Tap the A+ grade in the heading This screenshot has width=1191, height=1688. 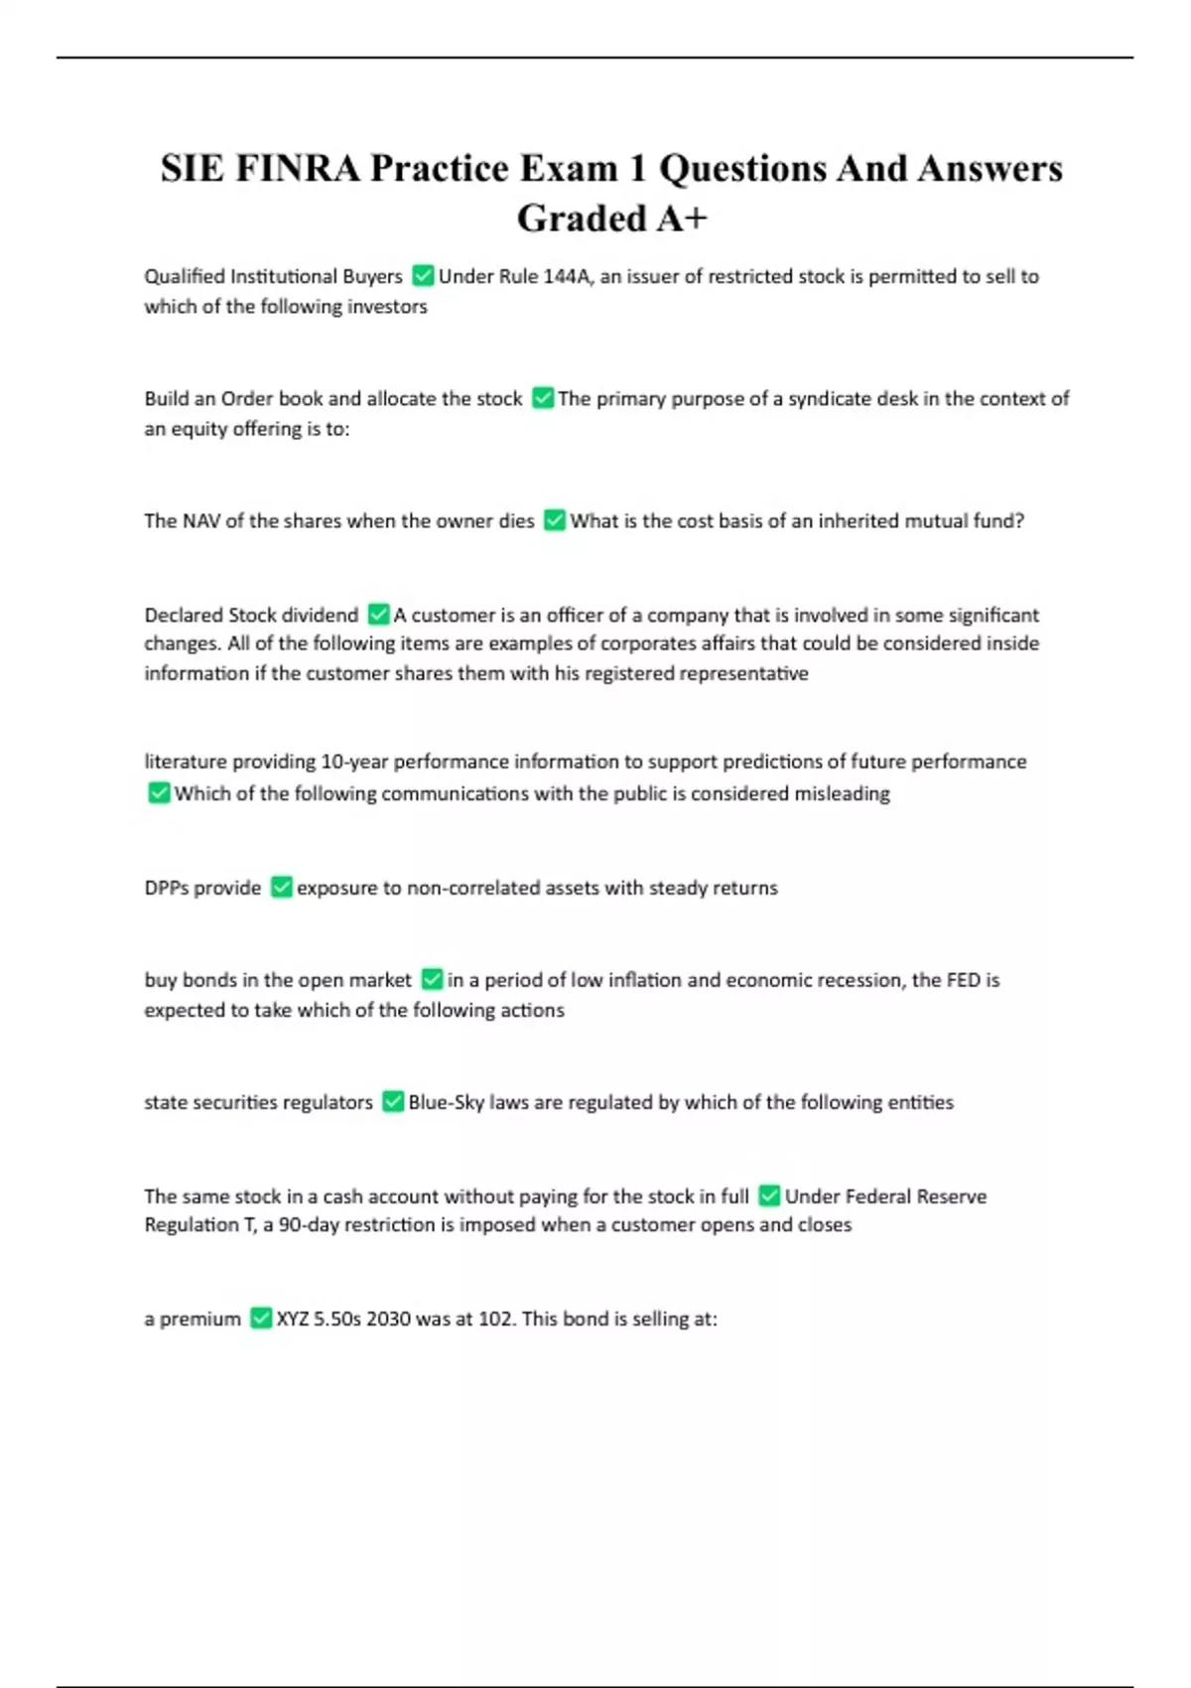tap(680, 218)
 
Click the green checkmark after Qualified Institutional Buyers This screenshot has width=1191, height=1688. tap(423, 275)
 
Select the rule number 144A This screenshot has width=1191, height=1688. tap(567, 276)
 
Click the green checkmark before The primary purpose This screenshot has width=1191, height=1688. tap(543, 398)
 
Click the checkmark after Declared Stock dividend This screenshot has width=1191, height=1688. tap(378, 615)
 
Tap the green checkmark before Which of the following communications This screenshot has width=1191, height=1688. tap(159, 792)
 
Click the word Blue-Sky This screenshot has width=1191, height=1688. tap(446, 1102)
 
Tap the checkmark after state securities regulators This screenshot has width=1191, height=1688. tap(393, 1101)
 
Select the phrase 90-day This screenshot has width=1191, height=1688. tap(311, 1224)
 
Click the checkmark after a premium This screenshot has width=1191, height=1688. tap(261, 1318)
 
